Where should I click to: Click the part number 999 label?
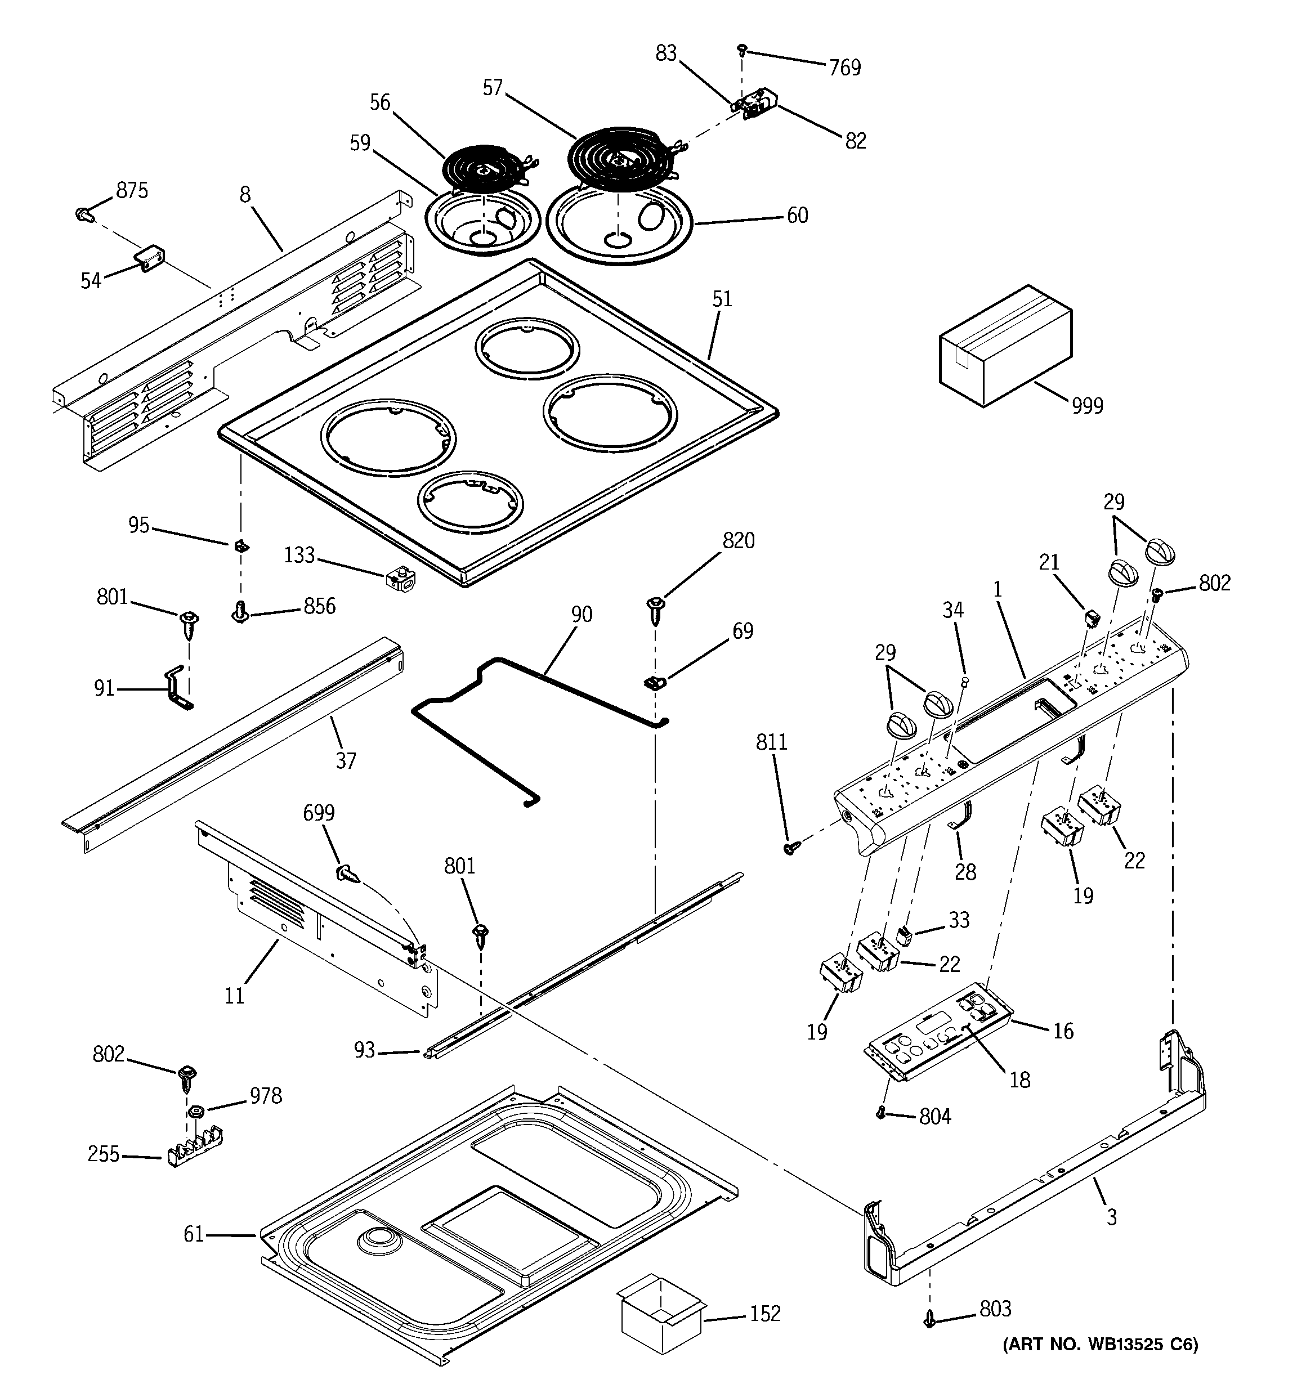click(x=1086, y=406)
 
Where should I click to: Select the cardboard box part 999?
click(x=1006, y=346)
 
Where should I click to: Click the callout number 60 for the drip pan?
click(x=797, y=215)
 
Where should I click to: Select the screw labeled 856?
click(x=240, y=614)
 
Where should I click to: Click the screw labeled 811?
click(x=790, y=849)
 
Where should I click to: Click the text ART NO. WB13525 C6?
click(x=1100, y=1344)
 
